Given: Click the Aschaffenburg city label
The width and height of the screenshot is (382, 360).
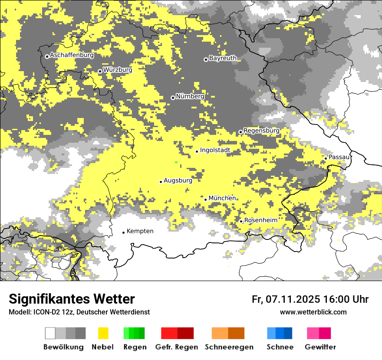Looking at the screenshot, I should point(72,56).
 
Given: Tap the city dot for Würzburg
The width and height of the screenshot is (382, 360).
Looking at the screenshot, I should point(100,71).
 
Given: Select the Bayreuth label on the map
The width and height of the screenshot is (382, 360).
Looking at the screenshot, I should point(223,58).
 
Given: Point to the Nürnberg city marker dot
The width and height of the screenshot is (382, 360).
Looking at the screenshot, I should point(173,98).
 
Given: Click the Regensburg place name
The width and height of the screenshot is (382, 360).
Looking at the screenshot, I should point(261,131).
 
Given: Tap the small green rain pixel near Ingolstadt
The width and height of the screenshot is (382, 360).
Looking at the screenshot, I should point(176,162).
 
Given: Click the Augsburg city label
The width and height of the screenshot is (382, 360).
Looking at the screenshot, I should point(178,180).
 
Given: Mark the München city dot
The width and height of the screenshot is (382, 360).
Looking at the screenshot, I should point(206,200).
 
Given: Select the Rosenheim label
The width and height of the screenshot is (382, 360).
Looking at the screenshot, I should point(260,220).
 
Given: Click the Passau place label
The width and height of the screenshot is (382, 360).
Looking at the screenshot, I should point(339,157).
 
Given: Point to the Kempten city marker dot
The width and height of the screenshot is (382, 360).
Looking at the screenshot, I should point(123,232).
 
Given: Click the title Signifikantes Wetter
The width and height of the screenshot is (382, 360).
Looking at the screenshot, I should point(72,299).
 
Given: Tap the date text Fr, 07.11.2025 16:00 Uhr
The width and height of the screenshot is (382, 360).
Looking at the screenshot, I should point(310,299).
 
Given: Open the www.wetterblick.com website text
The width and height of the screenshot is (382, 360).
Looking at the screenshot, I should point(313,312).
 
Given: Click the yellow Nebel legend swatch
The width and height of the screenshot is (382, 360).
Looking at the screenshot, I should point(103,333).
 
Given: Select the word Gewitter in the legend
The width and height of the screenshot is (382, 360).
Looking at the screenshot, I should point(320,347).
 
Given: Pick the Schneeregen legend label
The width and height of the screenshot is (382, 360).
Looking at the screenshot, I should point(229,347).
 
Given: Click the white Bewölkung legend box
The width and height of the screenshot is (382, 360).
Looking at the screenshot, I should point(50,333).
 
